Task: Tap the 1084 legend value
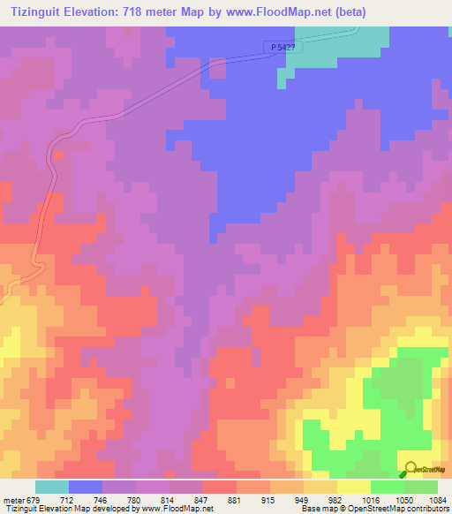pos(436,500)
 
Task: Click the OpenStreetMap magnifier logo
pos(410,467)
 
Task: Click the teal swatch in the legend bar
pos(52,487)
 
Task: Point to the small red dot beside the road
pos(58,155)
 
